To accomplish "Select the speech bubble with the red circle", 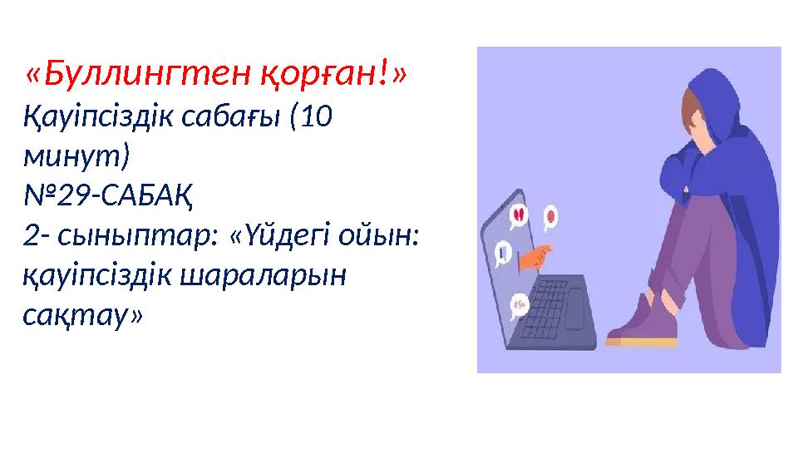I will (550, 218).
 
